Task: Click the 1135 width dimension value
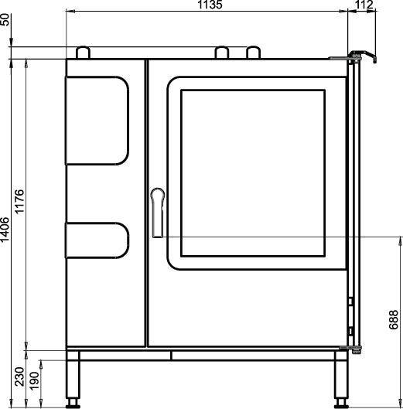pos(210,5)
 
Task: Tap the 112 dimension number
pos(364,5)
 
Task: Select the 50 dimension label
pos(5,19)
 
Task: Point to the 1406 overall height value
pos(5,230)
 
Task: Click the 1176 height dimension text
pos(19,202)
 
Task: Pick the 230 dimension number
pos(19,377)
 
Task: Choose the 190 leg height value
pos(34,381)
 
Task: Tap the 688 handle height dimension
pos(394,320)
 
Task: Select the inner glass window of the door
pos(253,173)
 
